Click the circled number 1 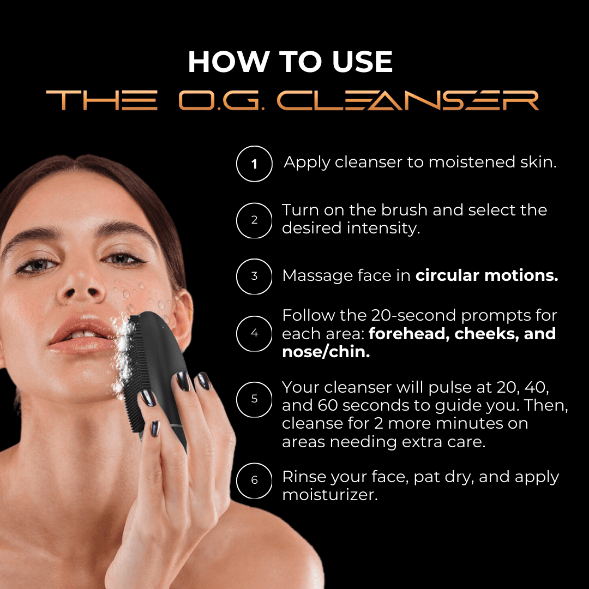pyautogui.click(x=254, y=164)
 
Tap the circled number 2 pyautogui.click(x=254, y=220)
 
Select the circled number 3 pyautogui.click(x=254, y=276)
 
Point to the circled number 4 pyautogui.click(x=254, y=334)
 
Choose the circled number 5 pyautogui.click(x=254, y=399)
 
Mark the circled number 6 pyautogui.click(x=254, y=480)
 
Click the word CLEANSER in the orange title pyautogui.click(x=407, y=100)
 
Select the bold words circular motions pyautogui.click(x=487, y=275)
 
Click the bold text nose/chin pyautogui.click(x=326, y=352)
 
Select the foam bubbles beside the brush pyautogui.click(x=122, y=357)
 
